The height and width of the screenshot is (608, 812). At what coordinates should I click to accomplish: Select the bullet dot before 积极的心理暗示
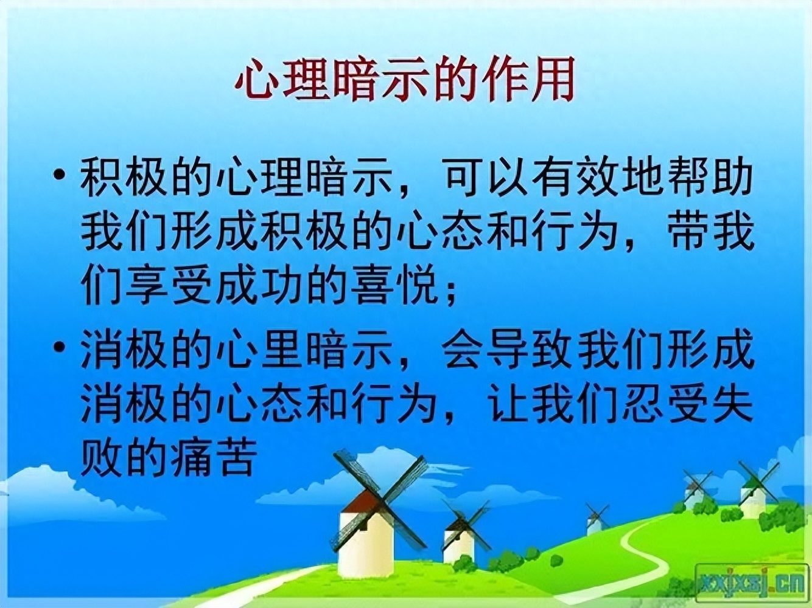point(60,176)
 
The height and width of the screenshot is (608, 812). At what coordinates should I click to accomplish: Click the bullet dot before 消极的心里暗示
point(60,348)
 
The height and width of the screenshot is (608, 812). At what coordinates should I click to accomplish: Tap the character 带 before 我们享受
point(686,232)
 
